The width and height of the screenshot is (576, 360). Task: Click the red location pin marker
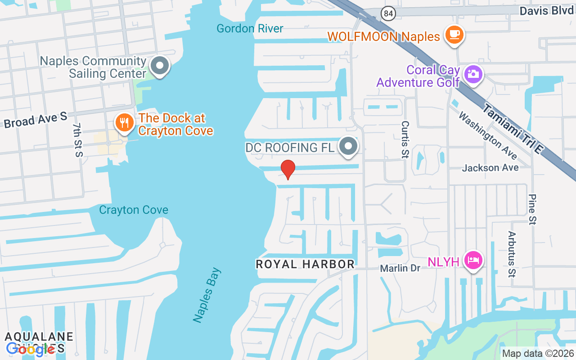pos(288,169)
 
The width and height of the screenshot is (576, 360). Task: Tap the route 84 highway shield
pos(388,13)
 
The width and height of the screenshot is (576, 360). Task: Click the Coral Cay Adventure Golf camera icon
pos(473,73)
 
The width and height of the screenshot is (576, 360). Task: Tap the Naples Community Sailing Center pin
pos(159,66)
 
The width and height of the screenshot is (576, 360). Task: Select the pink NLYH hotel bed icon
pos(473,260)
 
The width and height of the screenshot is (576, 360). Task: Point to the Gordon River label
pos(250,29)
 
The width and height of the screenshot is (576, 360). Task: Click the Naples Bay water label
pos(207,295)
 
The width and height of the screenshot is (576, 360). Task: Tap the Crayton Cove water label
pos(134,210)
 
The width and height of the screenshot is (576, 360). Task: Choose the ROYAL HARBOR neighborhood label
pos(305,264)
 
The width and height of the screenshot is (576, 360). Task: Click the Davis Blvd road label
pos(546,10)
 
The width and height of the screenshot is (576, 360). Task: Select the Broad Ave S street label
pos(35,120)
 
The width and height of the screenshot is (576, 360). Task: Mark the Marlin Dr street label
pos(400,268)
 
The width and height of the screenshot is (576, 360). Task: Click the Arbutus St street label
pos(512,254)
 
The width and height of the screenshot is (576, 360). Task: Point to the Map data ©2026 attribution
pos(538,354)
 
